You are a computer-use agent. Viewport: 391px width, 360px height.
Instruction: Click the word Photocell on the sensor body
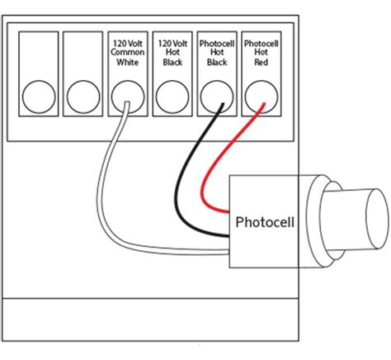(261, 222)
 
